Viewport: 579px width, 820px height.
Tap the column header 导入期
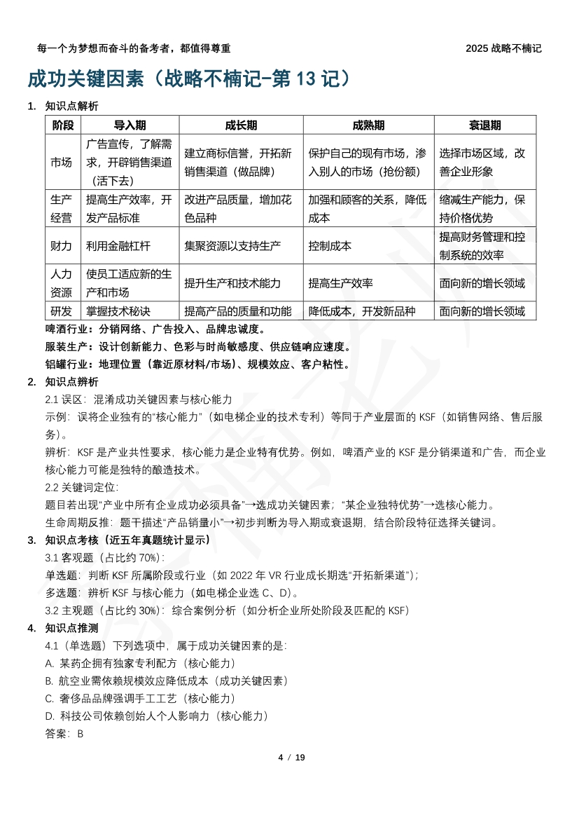click(130, 125)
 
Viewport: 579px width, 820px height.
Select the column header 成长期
click(241, 125)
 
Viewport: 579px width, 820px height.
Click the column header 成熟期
click(368, 125)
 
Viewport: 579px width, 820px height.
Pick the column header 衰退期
click(484, 125)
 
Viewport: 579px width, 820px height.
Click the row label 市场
click(61, 162)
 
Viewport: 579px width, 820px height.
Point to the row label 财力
click(61, 246)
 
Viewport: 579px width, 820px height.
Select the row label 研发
click(61, 311)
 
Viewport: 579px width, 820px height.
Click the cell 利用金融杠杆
click(118, 246)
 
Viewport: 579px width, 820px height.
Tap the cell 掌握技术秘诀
click(118, 311)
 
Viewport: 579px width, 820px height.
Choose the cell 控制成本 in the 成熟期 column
click(330, 246)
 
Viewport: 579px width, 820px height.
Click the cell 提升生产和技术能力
click(232, 283)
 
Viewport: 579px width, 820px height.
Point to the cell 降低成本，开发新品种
click(362, 311)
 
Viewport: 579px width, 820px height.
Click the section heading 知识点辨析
click(71, 382)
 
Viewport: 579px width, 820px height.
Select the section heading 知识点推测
click(71, 627)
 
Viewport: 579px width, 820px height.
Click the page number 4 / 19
click(292, 758)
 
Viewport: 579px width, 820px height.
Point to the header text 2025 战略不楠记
click(503, 48)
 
